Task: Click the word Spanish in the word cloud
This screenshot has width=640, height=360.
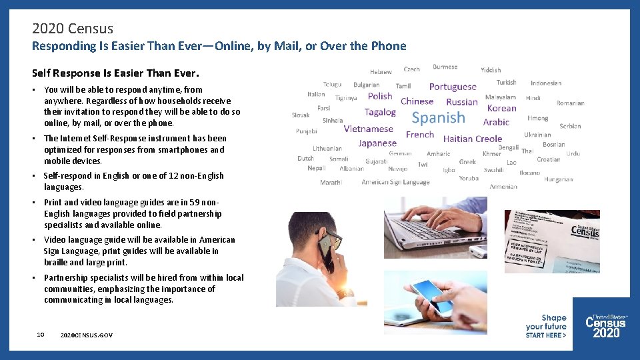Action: pos(438,118)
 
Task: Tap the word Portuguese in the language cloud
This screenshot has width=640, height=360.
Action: pos(453,87)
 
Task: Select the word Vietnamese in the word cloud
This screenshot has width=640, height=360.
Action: pos(368,129)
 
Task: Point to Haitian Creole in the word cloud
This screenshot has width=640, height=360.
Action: pos(473,139)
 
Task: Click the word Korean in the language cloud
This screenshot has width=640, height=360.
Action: pos(501,108)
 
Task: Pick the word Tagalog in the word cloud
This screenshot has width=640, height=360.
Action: pos(380,112)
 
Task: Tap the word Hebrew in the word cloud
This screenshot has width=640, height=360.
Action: pos(381,71)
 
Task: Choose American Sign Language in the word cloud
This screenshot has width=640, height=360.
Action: pos(395,182)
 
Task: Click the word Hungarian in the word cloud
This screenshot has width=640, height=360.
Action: pos(558,179)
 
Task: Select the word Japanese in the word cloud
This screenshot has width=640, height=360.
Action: pos(377,143)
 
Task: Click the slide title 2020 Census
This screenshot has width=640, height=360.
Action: pos(73,29)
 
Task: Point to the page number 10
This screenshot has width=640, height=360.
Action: pos(41,334)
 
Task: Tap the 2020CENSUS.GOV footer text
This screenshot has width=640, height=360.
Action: pos(86,335)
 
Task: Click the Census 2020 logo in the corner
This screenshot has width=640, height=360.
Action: pos(606,325)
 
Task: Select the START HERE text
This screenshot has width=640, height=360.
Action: pos(546,335)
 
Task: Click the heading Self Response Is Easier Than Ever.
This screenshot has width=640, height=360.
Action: pos(115,71)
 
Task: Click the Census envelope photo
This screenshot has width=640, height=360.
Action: pos(551,241)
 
